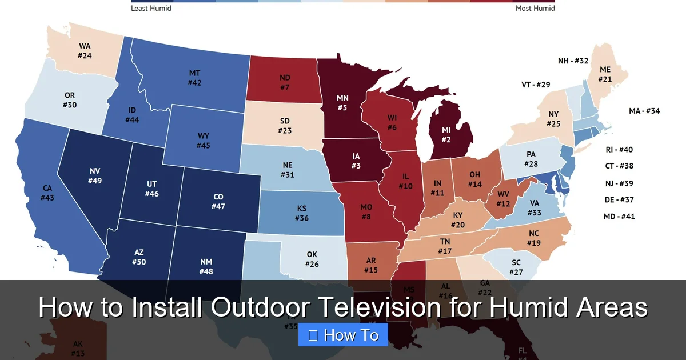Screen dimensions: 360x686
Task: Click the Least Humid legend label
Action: [151, 9]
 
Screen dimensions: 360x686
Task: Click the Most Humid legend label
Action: [535, 9]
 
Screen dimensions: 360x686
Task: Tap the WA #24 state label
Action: [85, 51]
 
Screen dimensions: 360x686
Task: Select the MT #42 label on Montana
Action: [194, 78]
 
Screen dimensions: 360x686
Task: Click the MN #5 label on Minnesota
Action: [342, 102]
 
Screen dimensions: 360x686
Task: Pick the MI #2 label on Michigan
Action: [446, 134]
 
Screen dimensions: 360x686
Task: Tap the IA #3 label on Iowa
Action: [356, 161]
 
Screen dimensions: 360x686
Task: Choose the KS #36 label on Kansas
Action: [302, 213]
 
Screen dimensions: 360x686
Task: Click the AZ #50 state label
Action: [139, 257]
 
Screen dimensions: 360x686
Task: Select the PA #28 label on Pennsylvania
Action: [531, 159]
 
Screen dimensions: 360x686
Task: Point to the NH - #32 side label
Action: [573, 61]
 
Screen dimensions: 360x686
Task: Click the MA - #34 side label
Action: [644, 111]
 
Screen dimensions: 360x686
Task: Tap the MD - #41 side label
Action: [619, 217]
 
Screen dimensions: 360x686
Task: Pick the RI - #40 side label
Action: [619, 150]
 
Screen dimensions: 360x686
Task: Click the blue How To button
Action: [343, 335]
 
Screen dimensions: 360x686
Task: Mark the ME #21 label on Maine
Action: [605, 74]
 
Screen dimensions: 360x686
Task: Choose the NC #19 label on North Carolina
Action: [533, 238]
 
